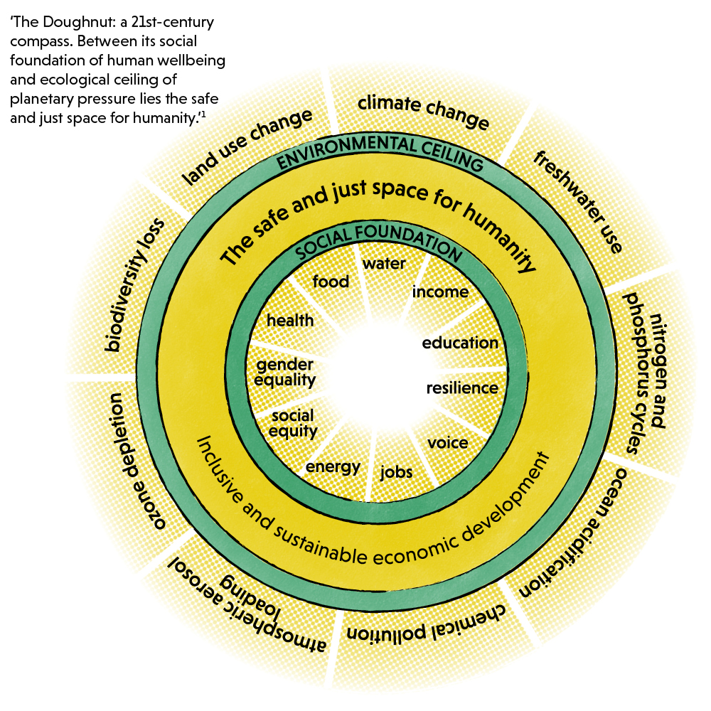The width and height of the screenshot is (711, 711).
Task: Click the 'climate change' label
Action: coord(424,112)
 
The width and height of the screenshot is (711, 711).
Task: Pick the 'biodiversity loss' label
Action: coord(134,284)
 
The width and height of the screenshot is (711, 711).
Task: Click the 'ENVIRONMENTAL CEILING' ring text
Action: coord(380,151)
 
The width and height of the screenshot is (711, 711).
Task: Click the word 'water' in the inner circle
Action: coord(384,264)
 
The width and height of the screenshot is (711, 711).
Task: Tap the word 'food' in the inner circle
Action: coord(331,282)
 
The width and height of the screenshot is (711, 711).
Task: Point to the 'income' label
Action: coord(440,292)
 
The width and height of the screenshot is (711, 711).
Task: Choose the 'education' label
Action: coord(460,343)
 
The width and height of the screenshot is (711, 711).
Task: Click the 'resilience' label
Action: coord(461,388)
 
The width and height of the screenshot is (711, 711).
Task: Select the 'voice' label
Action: coord(448,443)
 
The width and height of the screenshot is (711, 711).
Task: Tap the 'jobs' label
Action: coord(397,471)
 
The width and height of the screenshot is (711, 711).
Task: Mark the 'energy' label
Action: coord(333,467)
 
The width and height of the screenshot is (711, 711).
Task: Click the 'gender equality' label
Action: coord(285,372)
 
